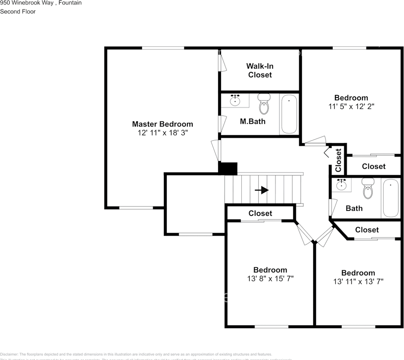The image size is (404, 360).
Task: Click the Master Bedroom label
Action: [x=162, y=124]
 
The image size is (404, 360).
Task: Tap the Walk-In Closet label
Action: [x=260, y=70]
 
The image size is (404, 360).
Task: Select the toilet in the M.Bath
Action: [x=264, y=105]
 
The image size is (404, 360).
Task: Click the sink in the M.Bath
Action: [x=235, y=100]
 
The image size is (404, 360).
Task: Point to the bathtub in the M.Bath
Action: [x=289, y=114]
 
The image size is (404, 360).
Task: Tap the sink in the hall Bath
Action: [x=342, y=185]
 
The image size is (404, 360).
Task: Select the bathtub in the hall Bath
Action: [x=390, y=198]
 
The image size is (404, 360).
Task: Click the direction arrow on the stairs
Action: [x=262, y=190]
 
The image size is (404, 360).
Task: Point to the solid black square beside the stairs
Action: [x=228, y=168]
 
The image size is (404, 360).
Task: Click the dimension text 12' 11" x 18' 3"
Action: [x=162, y=133]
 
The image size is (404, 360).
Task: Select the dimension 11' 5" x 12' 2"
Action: [x=351, y=106]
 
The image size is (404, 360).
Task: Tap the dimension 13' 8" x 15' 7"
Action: [x=270, y=279]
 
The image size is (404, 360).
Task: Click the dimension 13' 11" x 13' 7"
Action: [x=358, y=281]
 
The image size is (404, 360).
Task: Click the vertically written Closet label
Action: [x=338, y=160]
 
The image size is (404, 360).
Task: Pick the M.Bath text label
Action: [x=252, y=121]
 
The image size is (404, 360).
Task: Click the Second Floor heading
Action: [x=18, y=12]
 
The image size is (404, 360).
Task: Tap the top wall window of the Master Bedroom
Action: [x=163, y=48]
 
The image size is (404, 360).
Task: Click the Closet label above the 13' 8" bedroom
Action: [x=260, y=213]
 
